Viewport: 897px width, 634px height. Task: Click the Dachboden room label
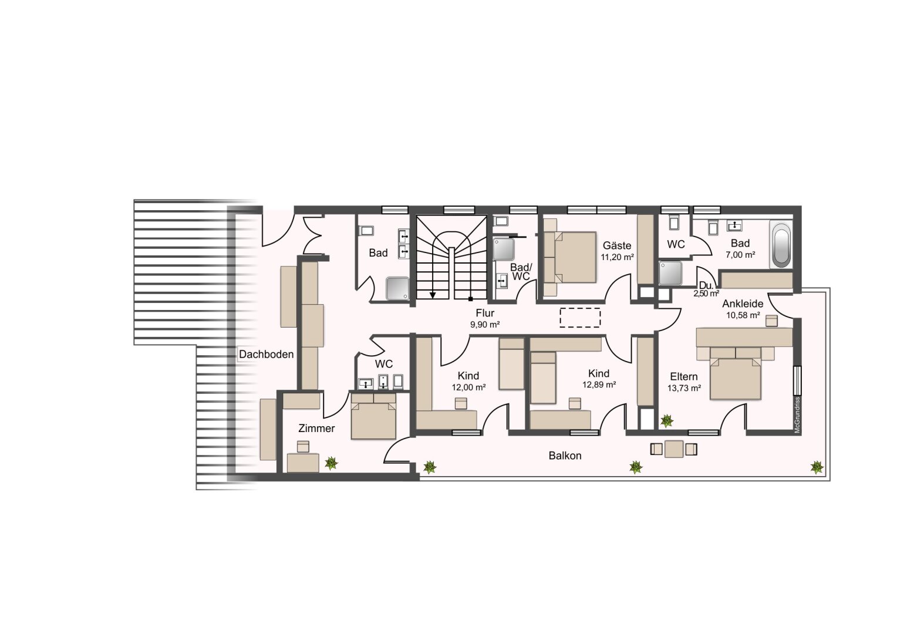[267, 354]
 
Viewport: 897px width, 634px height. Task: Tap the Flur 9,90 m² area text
[484, 325]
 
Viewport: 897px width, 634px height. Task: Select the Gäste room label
[616, 245]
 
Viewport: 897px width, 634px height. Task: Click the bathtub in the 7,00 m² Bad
[781, 245]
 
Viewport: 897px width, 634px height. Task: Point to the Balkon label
[565, 456]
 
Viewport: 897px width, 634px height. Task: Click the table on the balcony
[674, 449]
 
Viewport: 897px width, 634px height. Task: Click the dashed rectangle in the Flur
[580, 318]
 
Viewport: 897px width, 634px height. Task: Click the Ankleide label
[743, 303]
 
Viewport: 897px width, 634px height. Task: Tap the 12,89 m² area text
[599, 385]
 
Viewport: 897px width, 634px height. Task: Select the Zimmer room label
[316, 428]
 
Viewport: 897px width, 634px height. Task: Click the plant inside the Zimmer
[331, 463]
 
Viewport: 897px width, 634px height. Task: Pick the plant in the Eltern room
[667, 420]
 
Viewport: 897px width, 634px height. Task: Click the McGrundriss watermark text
[797, 415]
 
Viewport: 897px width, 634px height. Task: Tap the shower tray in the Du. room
[670, 273]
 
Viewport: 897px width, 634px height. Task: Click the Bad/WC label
[521, 272]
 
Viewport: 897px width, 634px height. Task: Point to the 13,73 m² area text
[684, 387]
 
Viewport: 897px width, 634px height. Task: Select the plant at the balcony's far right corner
[817, 467]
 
